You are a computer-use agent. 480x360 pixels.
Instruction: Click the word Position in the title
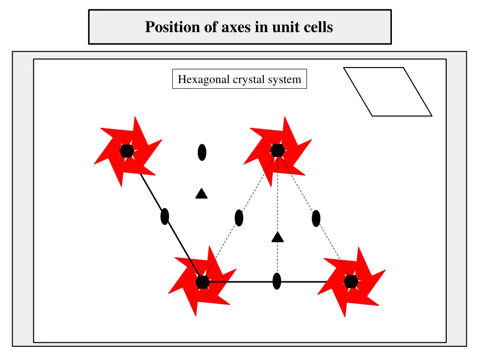[x=166, y=27]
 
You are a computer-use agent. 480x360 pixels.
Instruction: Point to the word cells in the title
[x=317, y=27]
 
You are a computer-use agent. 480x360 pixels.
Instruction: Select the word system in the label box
[x=284, y=80]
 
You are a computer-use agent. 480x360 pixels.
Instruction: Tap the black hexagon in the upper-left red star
[x=127, y=151]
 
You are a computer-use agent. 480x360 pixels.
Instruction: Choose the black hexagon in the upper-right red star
[x=277, y=150]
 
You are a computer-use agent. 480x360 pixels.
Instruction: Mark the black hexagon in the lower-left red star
[x=202, y=282]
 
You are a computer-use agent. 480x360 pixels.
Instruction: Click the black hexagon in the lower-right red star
[x=351, y=282]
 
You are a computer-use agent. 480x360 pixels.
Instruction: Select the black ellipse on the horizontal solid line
[x=277, y=281]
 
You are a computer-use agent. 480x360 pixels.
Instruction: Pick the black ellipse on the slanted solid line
[x=165, y=217]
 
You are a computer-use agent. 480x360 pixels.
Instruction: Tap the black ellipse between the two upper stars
[x=202, y=152]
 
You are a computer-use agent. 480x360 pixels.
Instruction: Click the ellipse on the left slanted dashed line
[x=239, y=218]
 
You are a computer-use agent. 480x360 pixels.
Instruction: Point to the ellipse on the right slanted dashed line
[x=316, y=218]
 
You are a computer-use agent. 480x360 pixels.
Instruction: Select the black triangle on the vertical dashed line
[x=277, y=237]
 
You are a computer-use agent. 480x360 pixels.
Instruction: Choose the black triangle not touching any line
[x=202, y=193]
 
